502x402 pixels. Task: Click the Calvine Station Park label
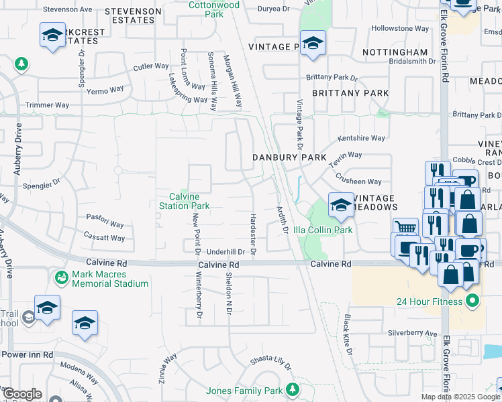point(184,201)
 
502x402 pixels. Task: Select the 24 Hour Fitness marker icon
point(472,301)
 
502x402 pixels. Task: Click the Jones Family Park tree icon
point(292,389)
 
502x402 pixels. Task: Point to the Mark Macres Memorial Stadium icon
point(62,277)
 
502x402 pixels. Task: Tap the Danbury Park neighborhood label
point(289,157)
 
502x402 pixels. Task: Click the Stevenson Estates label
point(133,16)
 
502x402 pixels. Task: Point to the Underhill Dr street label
point(225,252)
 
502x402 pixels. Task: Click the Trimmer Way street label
point(47,105)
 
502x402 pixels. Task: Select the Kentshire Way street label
point(361,138)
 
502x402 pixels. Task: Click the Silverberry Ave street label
point(412,332)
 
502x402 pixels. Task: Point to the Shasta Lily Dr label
point(271,363)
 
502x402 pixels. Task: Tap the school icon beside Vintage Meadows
point(341,205)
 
